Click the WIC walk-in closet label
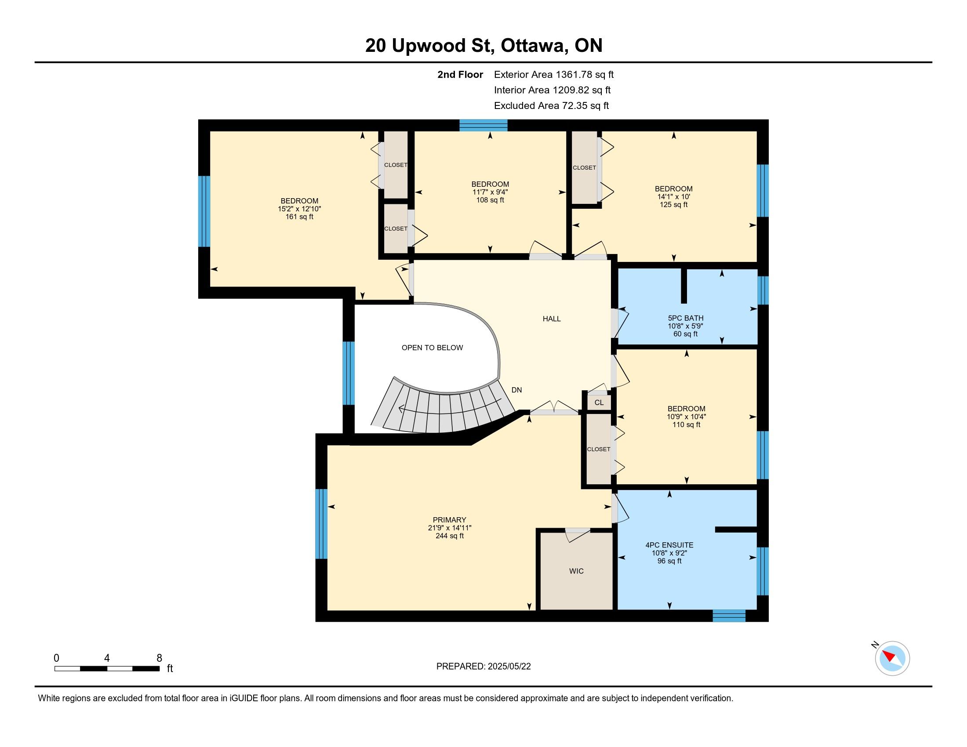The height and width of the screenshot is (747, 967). [x=576, y=571]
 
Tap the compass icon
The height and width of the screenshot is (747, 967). [x=892, y=658]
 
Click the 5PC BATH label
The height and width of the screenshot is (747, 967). [x=685, y=318]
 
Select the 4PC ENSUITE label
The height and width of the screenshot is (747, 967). [x=669, y=545]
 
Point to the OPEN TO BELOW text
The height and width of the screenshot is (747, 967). [x=432, y=348]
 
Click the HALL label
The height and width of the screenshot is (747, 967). [x=552, y=319]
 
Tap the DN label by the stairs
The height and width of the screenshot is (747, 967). [x=517, y=390]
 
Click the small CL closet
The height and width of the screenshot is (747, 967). [x=599, y=402]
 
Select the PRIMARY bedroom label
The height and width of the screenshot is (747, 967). [x=449, y=519]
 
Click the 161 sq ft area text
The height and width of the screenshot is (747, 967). [x=299, y=217]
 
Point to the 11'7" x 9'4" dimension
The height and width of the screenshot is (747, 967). [x=490, y=192]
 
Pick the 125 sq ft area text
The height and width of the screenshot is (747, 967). [x=673, y=204]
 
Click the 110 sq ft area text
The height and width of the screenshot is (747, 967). [x=686, y=424]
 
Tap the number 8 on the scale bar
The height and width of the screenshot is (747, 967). [x=160, y=658]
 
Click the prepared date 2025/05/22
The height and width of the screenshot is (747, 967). [x=509, y=667]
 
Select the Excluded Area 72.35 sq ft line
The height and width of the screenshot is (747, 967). [x=551, y=105]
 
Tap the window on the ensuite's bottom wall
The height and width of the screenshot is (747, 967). [x=729, y=616]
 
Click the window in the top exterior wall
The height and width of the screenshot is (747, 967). [x=483, y=125]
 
